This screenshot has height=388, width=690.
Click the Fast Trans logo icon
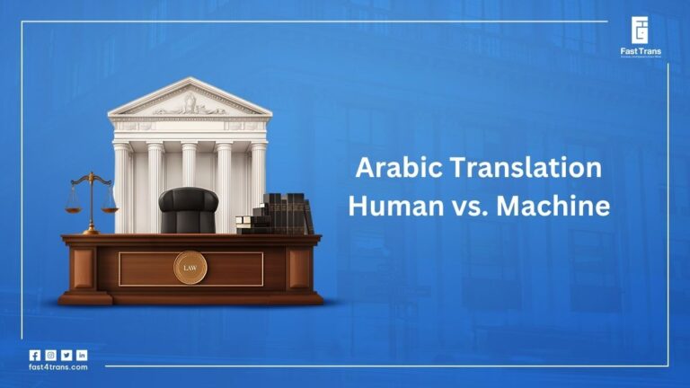coord(640,31)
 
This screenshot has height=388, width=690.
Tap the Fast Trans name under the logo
coord(640,53)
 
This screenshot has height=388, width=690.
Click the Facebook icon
coord(35,355)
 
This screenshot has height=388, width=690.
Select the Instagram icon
coord(50,355)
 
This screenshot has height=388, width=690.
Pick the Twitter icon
coord(66,355)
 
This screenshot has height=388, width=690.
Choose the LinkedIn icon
coord(82,355)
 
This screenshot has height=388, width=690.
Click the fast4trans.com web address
coord(58,367)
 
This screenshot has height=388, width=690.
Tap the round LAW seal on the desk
coord(190,267)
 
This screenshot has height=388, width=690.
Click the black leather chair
coord(188,210)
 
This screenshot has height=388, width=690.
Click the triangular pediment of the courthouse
coord(189,98)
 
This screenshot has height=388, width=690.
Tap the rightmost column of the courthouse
coord(259,171)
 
